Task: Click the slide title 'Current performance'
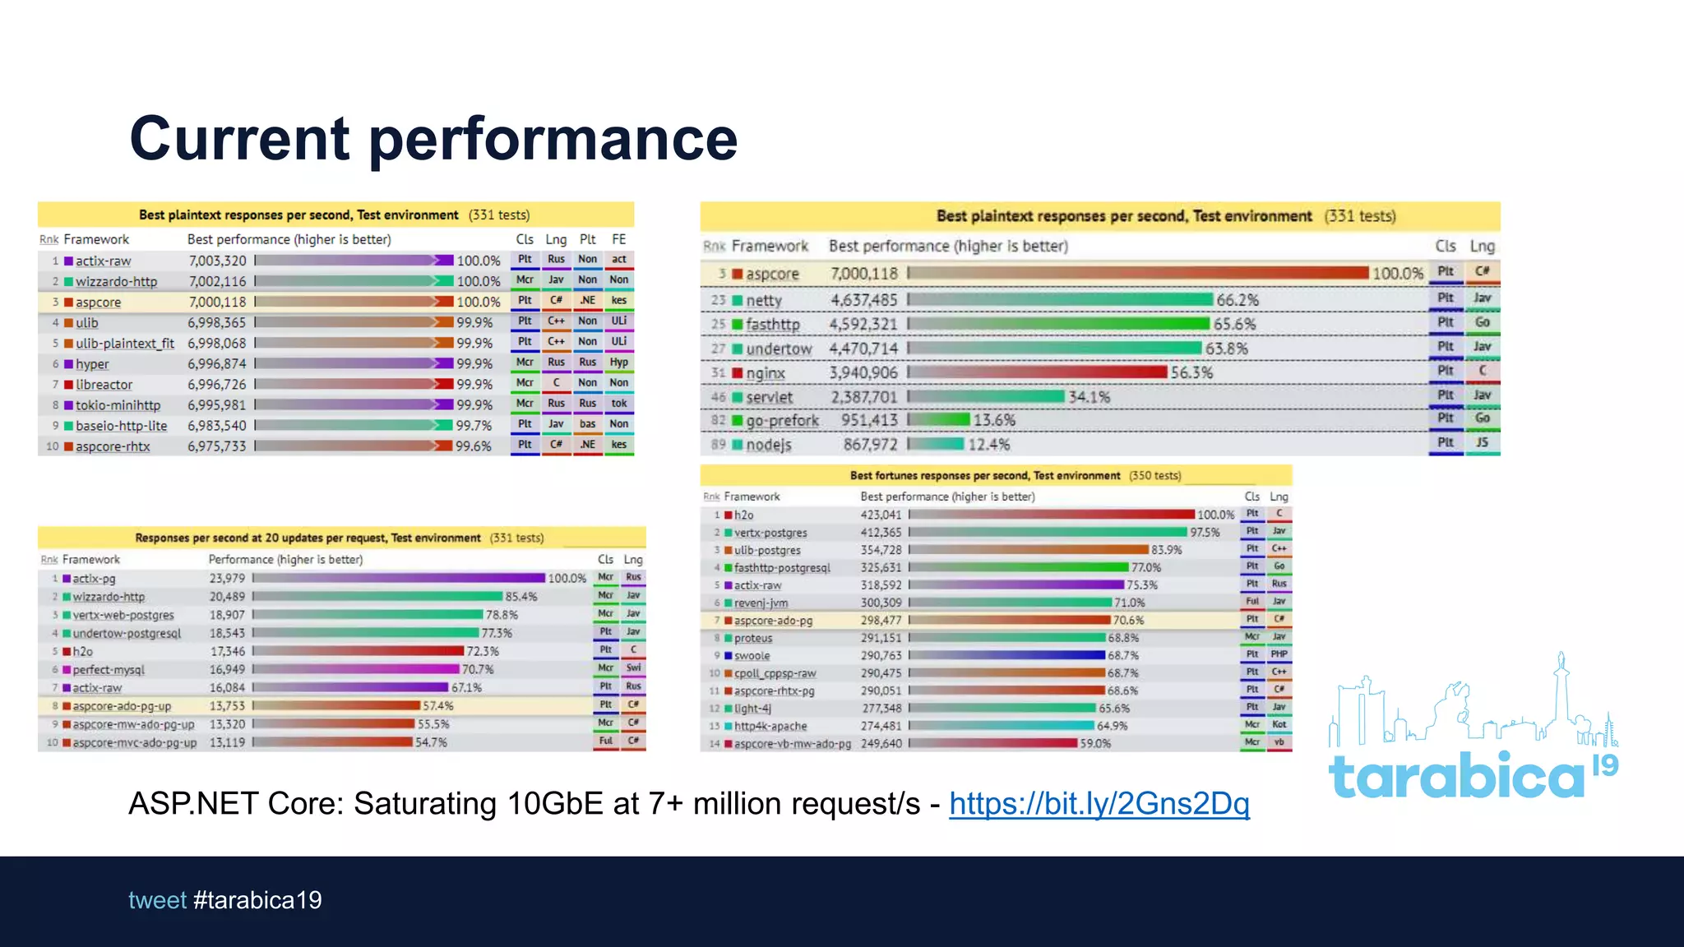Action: [433, 138]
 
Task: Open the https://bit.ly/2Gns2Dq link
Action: [1099, 803]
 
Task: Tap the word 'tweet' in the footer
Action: [157, 900]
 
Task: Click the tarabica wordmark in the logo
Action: [1455, 776]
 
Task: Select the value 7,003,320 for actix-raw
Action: [217, 261]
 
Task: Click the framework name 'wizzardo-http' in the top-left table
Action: [116, 281]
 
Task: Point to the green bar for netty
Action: [1061, 300]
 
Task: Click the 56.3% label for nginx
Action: [1191, 372]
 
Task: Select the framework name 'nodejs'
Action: [768, 445]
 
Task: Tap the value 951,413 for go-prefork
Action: [869, 420]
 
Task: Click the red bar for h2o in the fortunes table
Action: [1052, 515]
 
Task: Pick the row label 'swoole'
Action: [752, 656]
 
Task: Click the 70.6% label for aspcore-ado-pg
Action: [1128, 621]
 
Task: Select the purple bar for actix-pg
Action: [400, 578]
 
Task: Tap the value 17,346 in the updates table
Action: [227, 651]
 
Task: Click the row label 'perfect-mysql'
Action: [108, 670]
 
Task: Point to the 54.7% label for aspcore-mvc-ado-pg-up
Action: [431, 742]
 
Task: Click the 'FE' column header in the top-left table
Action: [618, 239]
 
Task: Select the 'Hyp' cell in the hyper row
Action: [618, 363]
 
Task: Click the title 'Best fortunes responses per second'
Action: [984, 476]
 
